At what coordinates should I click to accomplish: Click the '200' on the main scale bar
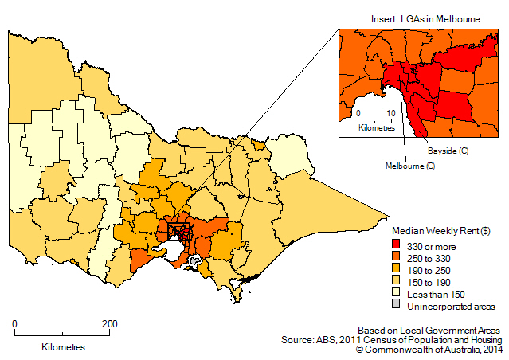pos(109,324)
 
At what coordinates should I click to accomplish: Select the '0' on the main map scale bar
pos(15,324)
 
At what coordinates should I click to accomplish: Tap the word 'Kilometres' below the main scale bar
pos(63,347)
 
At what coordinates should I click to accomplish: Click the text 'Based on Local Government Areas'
pos(429,330)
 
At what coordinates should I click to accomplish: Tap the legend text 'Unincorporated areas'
pos(451,306)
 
